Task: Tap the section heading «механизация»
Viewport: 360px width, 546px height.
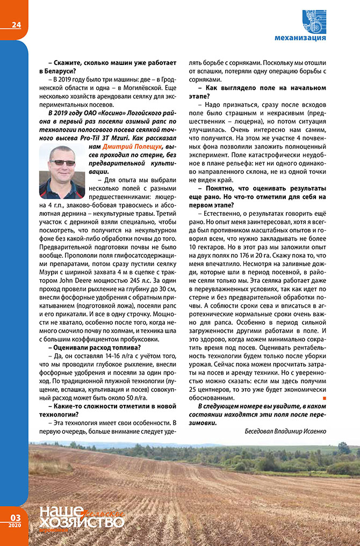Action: [300, 38]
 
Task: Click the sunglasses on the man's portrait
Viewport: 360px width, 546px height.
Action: [62, 163]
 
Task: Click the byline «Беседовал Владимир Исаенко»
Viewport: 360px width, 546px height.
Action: [285, 431]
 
